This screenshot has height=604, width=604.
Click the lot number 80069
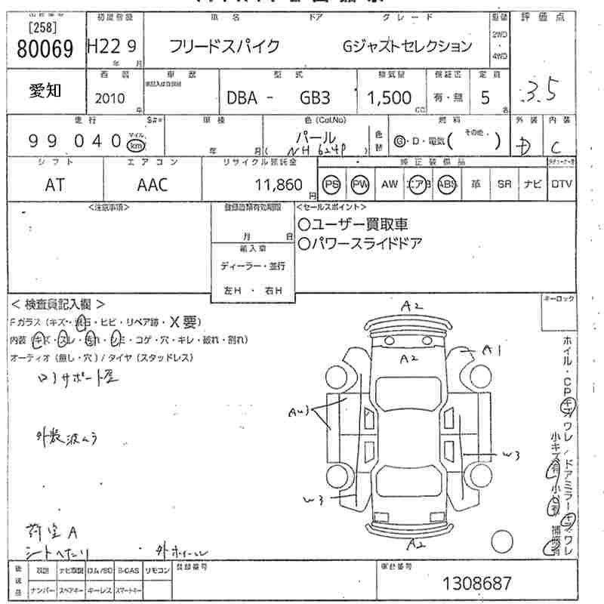point(45,49)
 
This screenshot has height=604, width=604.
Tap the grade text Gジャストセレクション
point(408,46)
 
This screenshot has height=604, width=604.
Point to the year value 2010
point(111,98)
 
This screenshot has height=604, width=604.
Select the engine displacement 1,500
point(390,98)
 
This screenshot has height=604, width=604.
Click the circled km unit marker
point(135,144)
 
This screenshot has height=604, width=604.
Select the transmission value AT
point(55,185)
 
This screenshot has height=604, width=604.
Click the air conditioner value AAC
point(152,185)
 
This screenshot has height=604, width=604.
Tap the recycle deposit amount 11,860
point(279,185)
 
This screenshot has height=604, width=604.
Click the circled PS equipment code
point(331,184)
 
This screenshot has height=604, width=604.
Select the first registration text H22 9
point(112,47)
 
